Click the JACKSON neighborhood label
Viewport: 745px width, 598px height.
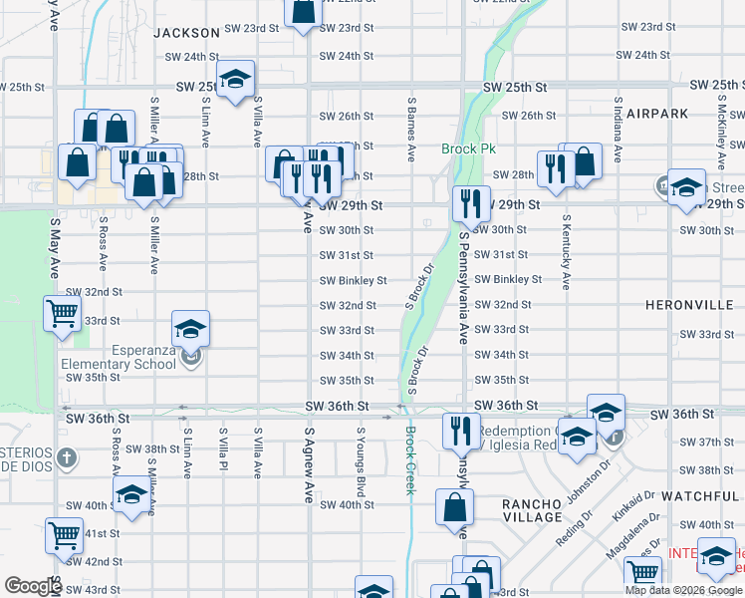coord(185,33)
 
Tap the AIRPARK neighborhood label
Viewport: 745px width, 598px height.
coord(658,114)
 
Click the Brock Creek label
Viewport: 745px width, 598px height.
coord(409,460)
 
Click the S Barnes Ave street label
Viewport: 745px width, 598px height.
coord(410,130)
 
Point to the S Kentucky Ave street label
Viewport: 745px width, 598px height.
coord(566,251)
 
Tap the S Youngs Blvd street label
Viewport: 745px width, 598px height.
coord(360,461)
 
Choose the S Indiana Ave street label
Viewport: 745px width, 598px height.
coord(618,130)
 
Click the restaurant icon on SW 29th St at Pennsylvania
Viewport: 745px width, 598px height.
coord(471,203)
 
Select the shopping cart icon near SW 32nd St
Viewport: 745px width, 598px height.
coord(62,313)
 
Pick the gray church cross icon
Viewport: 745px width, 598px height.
coord(66,458)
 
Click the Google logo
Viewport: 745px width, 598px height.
coord(32,586)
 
